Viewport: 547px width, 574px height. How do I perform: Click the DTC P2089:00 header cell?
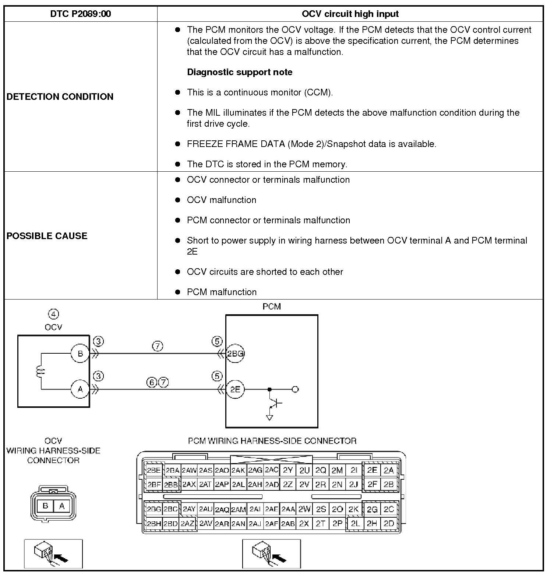point(81,14)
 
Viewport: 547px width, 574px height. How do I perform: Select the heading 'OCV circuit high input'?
point(350,14)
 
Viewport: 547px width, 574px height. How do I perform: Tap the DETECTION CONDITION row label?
point(60,97)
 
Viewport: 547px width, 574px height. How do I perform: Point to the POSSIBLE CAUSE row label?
point(47,236)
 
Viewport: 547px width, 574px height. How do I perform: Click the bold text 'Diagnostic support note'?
point(240,72)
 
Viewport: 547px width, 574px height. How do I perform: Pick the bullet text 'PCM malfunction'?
point(222,292)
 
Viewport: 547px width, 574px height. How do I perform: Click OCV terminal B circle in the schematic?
point(80,354)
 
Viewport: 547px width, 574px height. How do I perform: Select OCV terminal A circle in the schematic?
point(80,389)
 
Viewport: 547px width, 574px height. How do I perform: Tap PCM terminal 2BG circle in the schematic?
point(235,354)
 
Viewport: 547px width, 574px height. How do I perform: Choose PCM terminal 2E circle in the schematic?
point(235,389)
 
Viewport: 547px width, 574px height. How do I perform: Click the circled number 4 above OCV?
point(53,314)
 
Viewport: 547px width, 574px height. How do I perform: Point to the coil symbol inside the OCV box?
point(39,371)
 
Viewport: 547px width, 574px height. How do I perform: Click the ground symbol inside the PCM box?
point(269,417)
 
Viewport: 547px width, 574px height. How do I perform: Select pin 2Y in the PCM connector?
point(288,470)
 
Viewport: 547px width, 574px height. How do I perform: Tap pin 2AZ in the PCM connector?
point(187,524)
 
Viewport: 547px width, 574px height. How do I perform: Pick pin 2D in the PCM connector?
point(389,524)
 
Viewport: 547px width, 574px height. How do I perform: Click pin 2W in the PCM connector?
point(304,509)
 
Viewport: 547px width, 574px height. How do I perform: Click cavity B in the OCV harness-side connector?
point(45,506)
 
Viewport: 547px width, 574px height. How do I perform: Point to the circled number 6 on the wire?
point(152,382)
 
